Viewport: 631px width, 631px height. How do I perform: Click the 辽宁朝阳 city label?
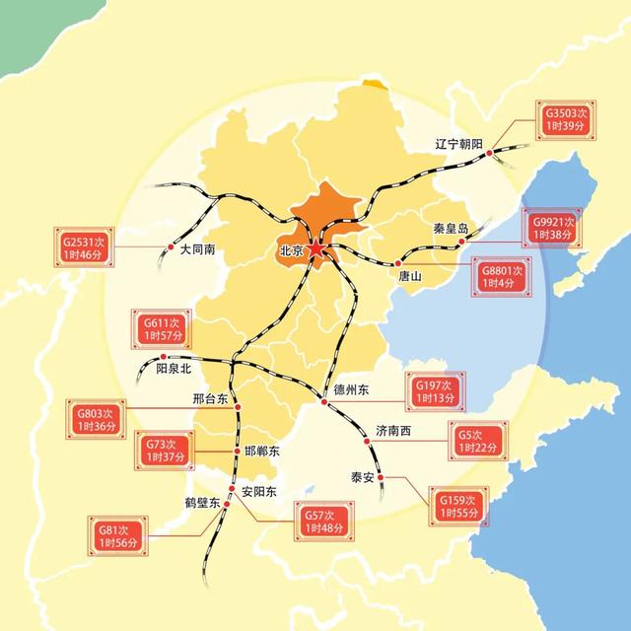pyautogui.click(x=459, y=144)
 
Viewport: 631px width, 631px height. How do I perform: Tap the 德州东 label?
pyautogui.click(x=351, y=390)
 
